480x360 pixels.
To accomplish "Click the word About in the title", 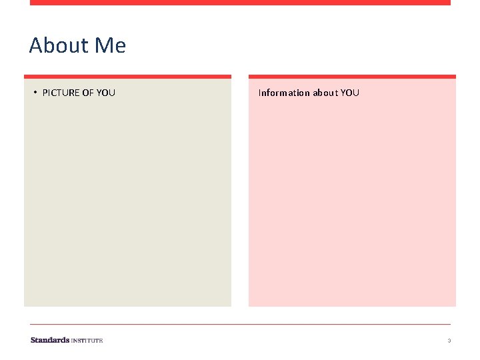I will pyautogui.click(x=59, y=45).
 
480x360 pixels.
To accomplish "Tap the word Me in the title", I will pyautogui.click(x=110, y=45).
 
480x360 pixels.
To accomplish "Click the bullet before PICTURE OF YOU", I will pyautogui.click(x=35, y=92).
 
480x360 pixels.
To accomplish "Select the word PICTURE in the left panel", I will pyautogui.click(x=60, y=93).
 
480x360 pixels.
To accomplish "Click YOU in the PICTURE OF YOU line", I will pyautogui.click(x=106, y=93).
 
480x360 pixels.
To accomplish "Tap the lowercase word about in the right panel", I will pyautogui.click(x=325, y=93).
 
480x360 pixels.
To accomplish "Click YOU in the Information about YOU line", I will pyautogui.click(x=350, y=93).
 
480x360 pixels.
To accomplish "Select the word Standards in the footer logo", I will pyautogui.click(x=49, y=340).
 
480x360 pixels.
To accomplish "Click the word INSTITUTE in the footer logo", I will pyautogui.click(x=87, y=341).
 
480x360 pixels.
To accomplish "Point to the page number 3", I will pyautogui.click(x=449, y=341).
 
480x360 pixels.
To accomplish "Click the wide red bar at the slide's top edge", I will pyautogui.click(x=240, y=3).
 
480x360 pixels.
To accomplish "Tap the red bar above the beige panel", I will pyautogui.click(x=127, y=77).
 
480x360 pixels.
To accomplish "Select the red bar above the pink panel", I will pyautogui.click(x=352, y=77).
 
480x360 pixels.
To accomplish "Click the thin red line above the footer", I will pyautogui.click(x=240, y=325).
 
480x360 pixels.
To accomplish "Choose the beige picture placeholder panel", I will pyautogui.click(x=127, y=200).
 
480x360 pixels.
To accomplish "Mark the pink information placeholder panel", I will pyautogui.click(x=352, y=200).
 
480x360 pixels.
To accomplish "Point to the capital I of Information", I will pyautogui.click(x=259, y=93).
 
